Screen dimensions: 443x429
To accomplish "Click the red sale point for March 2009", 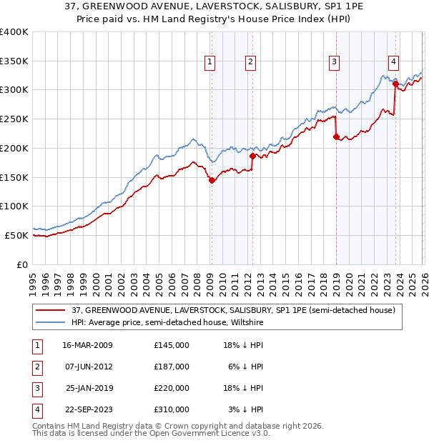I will tap(212, 180).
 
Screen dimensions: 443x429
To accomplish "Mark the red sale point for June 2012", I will tap(252, 155).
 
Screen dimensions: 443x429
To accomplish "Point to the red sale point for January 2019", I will tap(336, 136).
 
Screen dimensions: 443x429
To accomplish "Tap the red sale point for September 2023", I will tap(395, 84).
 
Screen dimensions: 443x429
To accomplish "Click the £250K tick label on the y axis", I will tap(14, 119).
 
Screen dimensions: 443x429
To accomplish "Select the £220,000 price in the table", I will tap(172, 388).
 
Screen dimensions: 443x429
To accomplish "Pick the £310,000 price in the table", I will tap(172, 409).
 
